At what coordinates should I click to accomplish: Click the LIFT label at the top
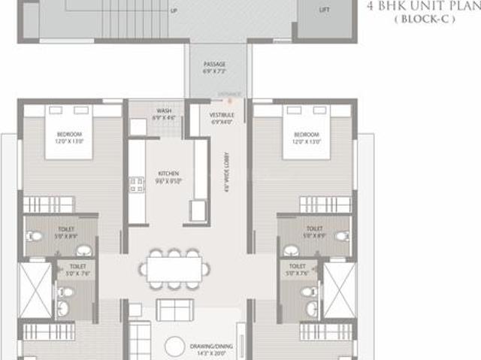(324, 11)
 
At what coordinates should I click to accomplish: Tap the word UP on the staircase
(175, 11)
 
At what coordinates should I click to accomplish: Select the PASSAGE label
(214, 65)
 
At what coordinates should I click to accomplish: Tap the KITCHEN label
(168, 173)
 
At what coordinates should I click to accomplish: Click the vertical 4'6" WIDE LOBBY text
(225, 176)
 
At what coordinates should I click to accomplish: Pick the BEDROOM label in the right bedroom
(304, 135)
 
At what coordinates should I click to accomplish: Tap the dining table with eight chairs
(174, 268)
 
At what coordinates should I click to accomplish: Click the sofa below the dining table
(174, 309)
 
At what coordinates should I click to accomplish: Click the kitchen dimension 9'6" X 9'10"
(168, 181)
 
